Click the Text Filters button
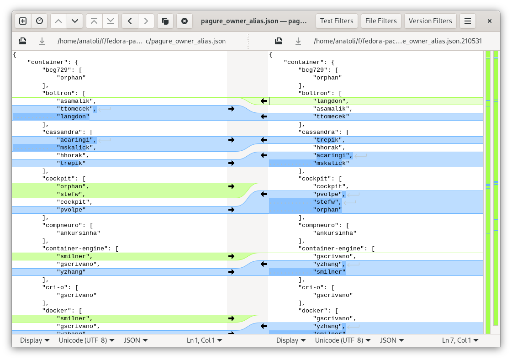(337, 21)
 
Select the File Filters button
(381, 21)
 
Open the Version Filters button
(430, 21)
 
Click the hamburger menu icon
(468, 21)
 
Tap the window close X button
(490, 21)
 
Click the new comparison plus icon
(23, 21)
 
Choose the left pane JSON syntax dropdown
(136, 340)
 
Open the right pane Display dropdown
(290, 340)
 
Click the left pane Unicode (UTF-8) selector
(86, 340)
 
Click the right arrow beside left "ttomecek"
(231, 109)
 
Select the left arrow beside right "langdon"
(264, 101)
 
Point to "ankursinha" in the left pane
(79, 233)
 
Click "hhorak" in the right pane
(329, 148)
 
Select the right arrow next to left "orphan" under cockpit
(231, 186)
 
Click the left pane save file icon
(22, 41)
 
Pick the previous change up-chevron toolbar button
(58, 21)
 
